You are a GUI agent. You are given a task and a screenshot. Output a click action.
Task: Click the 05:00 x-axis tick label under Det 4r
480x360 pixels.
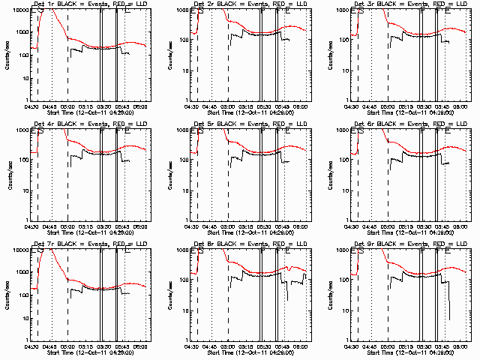(68, 226)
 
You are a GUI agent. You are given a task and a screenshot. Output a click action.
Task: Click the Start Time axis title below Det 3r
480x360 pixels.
(409, 113)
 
